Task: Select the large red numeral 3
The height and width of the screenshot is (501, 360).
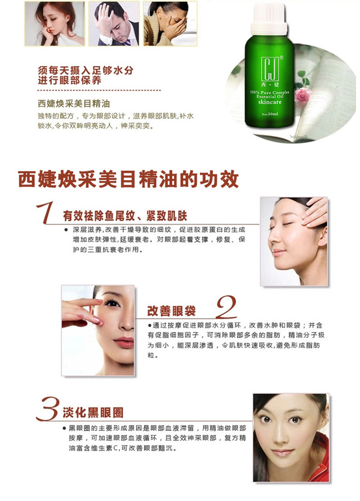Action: [x=47, y=412]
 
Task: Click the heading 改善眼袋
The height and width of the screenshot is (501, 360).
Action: [x=172, y=310]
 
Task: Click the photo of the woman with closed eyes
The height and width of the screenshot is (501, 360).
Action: [x=293, y=241]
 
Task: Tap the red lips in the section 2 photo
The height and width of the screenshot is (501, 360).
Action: [x=124, y=343]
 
